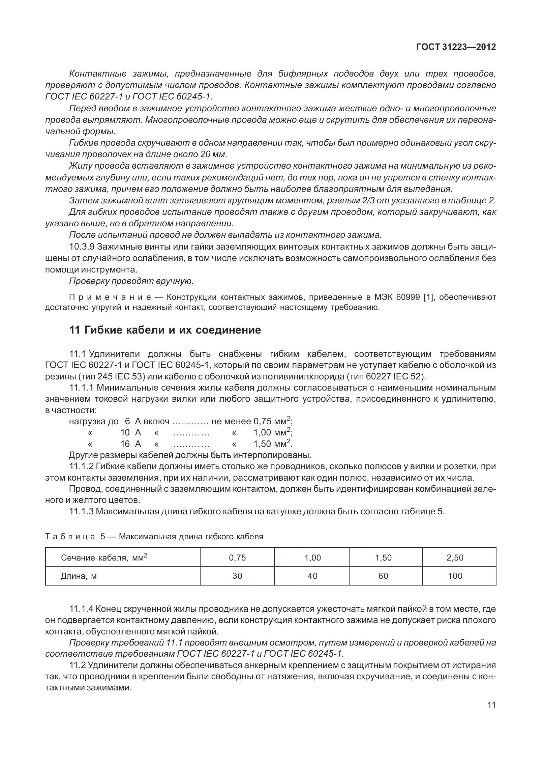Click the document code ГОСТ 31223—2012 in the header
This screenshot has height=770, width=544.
pos(456,47)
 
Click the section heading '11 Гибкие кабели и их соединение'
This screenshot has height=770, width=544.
pos(165,330)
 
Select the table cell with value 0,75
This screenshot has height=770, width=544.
pos(237,558)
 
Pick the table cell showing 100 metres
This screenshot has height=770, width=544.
pos(455,576)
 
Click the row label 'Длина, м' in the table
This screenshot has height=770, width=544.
pos(79,576)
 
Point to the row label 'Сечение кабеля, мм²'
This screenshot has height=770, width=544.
pos(104,558)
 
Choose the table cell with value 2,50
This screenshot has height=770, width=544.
pos(455,558)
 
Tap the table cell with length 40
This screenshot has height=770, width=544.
pos(312,576)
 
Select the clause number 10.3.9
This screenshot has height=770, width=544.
pos(82,247)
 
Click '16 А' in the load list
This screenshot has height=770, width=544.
pos(130,444)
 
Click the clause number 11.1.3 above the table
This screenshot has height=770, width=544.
pos(82,512)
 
